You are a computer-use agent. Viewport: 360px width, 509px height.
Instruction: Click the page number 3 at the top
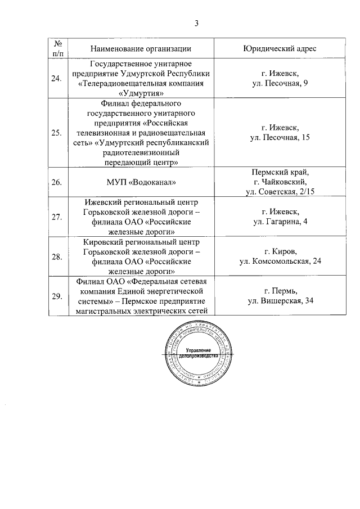[x=196, y=23]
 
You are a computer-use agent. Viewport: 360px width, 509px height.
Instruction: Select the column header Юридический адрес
[x=280, y=49]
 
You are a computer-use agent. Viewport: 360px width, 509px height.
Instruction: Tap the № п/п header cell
[x=57, y=49]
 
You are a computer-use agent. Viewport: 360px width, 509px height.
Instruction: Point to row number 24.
[x=57, y=79]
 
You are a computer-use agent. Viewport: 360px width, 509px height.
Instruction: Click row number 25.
[x=57, y=133]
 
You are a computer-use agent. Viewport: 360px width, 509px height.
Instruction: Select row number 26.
[x=57, y=182]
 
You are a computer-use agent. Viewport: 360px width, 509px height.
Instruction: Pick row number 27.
[x=57, y=217]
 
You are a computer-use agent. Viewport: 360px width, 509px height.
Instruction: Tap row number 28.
[x=57, y=256]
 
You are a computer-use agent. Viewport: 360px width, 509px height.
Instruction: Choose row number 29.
[x=57, y=296]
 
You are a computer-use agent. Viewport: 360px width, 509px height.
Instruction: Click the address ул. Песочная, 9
[x=280, y=84]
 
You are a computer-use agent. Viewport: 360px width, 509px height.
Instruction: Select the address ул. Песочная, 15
[x=280, y=138]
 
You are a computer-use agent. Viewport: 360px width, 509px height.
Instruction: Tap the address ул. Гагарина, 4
[x=280, y=222]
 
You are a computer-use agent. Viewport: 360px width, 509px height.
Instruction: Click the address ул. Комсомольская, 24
[x=280, y=262]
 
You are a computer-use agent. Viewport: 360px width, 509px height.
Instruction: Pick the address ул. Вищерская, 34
[x=280, y=301]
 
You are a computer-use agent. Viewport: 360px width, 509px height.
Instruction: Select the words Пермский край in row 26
[x=280, y=172]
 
